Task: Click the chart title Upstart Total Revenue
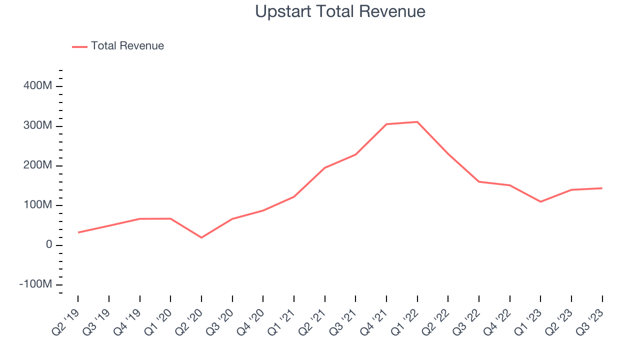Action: [340, 11]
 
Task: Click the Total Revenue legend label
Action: [127, 46]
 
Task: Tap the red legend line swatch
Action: [80, 46]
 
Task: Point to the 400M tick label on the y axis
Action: [37, 86]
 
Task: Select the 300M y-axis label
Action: [37, 125]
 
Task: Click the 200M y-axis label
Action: [37, 165]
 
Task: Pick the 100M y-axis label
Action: [37, 205]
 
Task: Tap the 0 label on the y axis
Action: [48, 245]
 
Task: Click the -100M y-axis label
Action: [35, 284]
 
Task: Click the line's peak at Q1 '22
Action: [417, 122]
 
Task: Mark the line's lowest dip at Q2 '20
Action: [201, 237]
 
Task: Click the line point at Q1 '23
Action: [540, 201]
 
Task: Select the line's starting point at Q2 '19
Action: [78, 232]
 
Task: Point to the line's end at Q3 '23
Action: [602, 188]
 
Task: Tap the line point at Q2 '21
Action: [325, 168]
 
